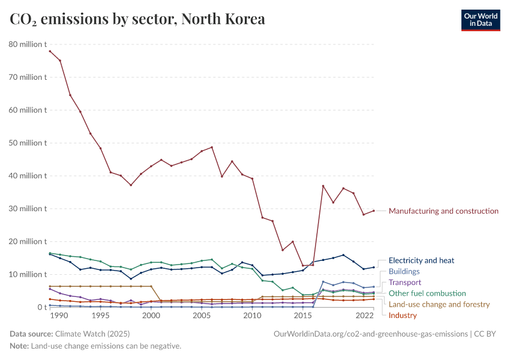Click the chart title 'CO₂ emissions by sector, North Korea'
137,19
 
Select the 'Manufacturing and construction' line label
443,211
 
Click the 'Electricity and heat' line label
421,260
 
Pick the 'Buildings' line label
404,271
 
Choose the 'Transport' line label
405,282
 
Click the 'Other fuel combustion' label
427,293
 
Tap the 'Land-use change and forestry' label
439,304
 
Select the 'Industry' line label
403,315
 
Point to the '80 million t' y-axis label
28,44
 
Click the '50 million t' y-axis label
28,143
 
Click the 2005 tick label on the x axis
202,316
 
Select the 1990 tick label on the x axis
59,316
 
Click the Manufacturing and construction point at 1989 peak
50,51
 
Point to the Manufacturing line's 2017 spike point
323,186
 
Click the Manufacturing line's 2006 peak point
212,147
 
